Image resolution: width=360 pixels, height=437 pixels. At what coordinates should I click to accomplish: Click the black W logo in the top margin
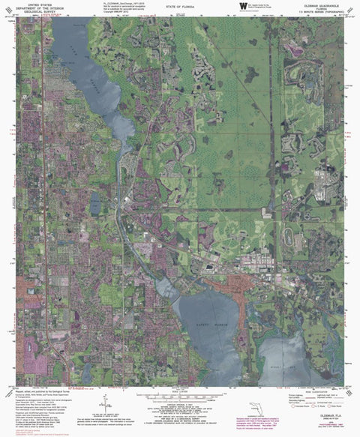click(242, 6)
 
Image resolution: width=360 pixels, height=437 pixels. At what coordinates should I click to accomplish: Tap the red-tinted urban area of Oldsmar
click(225, 284)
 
